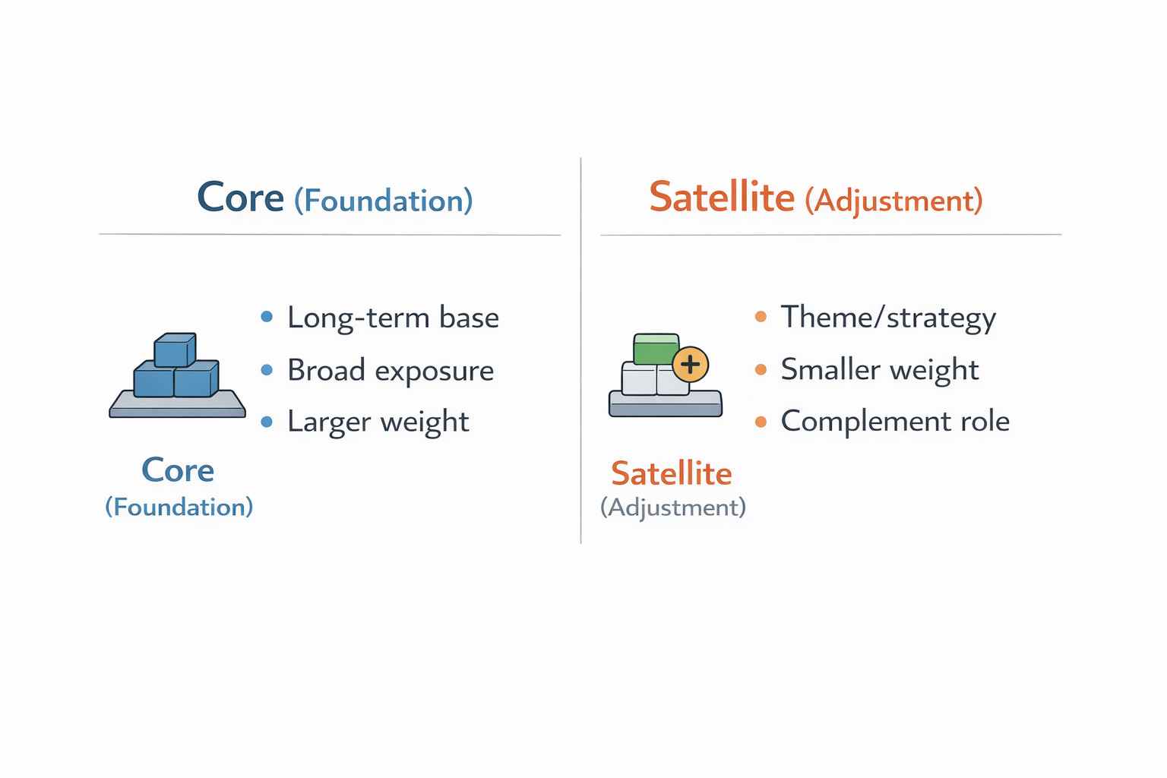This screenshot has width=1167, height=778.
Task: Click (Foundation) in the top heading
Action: pos(384,201)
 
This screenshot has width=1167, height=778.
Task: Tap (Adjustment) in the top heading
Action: pos(894,201)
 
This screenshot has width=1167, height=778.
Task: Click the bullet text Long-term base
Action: pos(394,318)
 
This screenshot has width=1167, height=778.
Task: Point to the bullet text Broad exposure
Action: pos(391,371)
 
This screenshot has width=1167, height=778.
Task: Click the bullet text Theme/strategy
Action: pos(888,318)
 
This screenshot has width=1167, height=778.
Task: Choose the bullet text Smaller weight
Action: pos(880,370)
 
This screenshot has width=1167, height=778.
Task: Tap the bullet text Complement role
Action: pos(895,421)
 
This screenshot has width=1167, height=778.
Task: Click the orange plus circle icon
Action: pos(691,364)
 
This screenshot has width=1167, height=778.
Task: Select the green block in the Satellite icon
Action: pos(656,349)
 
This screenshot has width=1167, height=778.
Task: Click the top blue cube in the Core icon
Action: pos(175,349)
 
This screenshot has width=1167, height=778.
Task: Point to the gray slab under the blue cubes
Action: pos(177,404)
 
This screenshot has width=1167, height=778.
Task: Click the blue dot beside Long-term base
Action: pos(267,316)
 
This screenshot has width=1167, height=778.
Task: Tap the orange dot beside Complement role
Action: pos(761,421)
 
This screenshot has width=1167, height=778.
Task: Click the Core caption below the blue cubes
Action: pos(179,470)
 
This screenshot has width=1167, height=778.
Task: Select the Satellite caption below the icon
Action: pos(672,473)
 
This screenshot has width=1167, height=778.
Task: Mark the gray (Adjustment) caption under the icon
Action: pos(673,508)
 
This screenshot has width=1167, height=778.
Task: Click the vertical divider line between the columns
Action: pos(581,350)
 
